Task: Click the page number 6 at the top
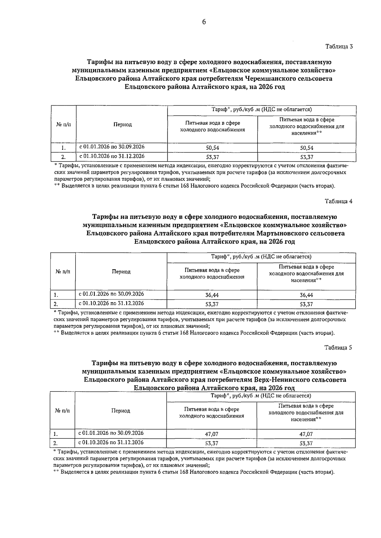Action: (204, 22)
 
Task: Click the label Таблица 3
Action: (339, 46)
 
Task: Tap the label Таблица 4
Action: (338, 201)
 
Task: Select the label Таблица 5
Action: (338, 347)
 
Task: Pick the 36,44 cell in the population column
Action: (306, 295)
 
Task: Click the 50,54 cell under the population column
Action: (307, 148)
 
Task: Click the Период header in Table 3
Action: (123, 125)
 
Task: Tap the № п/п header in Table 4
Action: (63, 272)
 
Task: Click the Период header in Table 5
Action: (121, 411)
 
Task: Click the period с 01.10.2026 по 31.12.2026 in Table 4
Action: (111, 303)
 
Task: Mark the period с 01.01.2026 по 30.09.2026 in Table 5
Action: (111, 433)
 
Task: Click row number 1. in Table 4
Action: (56, 295)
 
